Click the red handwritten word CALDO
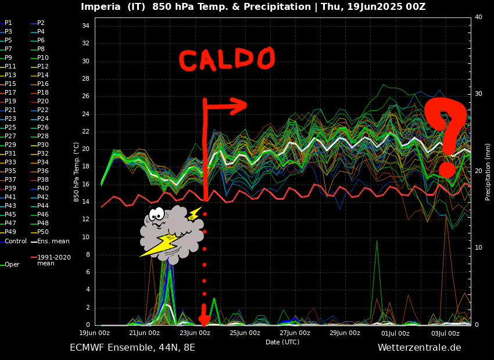pyautogui.click(x=226, y=59)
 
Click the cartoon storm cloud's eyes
pyautogui.click(x=156, y=214)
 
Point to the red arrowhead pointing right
pyautogui.click(x=238, y=106)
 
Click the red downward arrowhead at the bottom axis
pyautogui.click(x=204, y=319)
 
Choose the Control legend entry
pyautogui.click(x=15, y=241)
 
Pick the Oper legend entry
pyautogui.click(x=12, y=264)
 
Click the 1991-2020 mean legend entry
pyautogui.click(x=53, y=260)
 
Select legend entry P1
pyautogui.click(x=8, y=23)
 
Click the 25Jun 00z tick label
pyautogui.click(x=245, y=333)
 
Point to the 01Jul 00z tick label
pyautogui.click(x=395, y=333)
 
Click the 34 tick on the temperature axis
pyautogui.click(x=85, y=26)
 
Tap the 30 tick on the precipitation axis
pyautogui.click(x=478, y=94)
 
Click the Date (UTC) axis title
pyautogui.click(x=282, y=342)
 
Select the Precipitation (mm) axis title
pyautogui.click(x=488, y=172)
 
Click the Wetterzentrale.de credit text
pyautogui.click(x=419, y=348)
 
